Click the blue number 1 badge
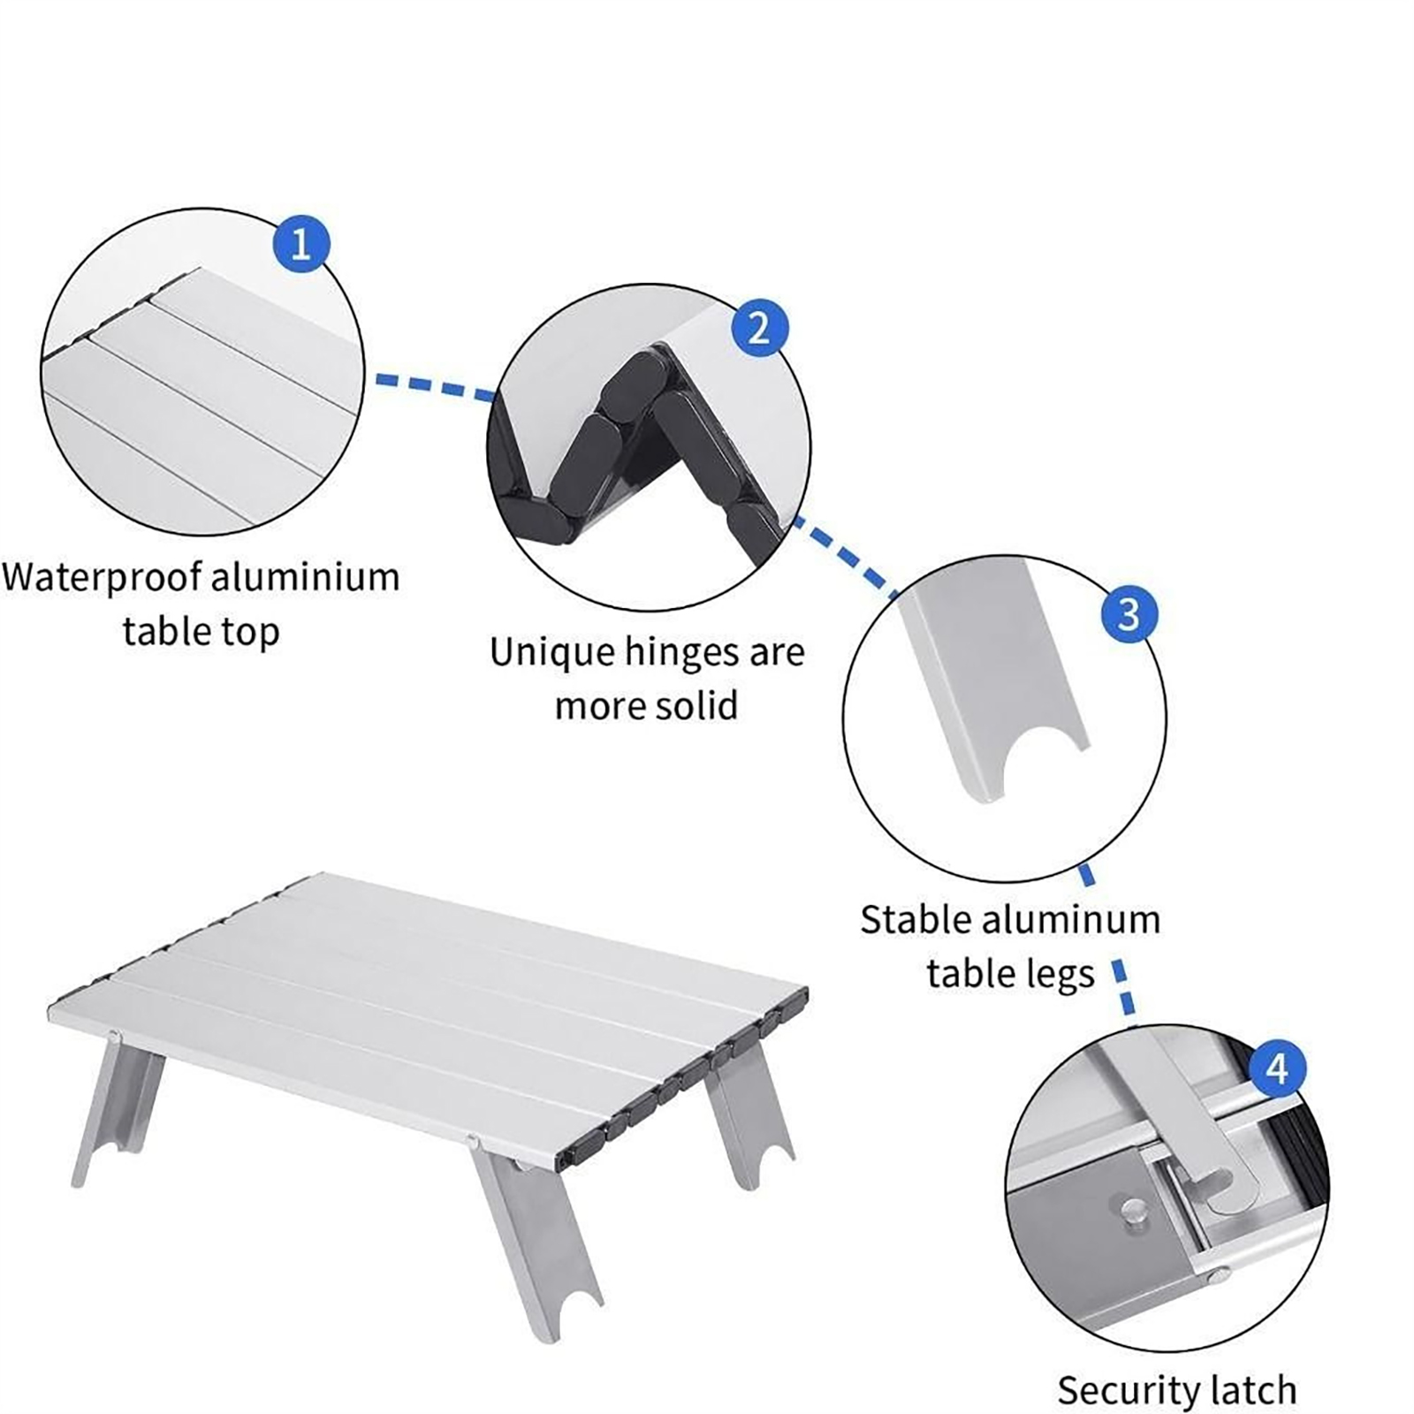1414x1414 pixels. click(x=300, y=243)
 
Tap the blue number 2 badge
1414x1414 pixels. click(x=759, y=328)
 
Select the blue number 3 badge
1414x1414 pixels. click(x=1129, y=613)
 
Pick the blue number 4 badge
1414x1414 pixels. click(x=1278, y=1069)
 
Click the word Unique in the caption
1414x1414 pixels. click(x=552, y=654)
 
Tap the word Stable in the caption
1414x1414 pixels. click(x=916, y=920)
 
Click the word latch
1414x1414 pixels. click(x=1253, y=1389)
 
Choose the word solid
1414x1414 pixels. click(x=695, y=705)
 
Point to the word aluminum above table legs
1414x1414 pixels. click(x=1071, y=920)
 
